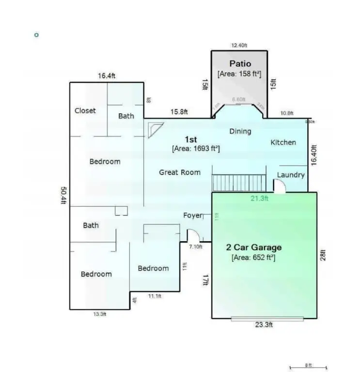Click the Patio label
[240, 63]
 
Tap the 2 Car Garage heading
[254, 248]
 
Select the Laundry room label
[291, 175]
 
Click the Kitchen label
[283, 142]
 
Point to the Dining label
[240, 131]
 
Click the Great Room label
[180, 172]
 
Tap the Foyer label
[192, 215]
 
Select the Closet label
[85, 110]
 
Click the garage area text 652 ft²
[253, 258]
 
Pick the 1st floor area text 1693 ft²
[196, 149]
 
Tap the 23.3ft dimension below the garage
[264, 325]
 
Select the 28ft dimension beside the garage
[323, 255]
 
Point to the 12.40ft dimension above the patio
[239, 46]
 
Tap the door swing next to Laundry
[280, 186]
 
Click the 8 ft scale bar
[308, 367]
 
